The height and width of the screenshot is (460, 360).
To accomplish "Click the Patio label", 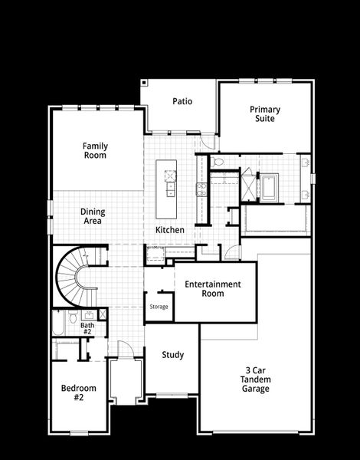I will tap(182, 101).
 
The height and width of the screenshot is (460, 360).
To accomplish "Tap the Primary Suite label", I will tap(264, 114).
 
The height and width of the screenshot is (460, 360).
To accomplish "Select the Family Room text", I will tap(96, 150).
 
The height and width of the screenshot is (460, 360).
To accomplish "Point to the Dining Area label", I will tap(93, 216).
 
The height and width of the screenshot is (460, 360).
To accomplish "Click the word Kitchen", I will tap(170, 230).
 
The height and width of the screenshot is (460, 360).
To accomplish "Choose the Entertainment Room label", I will tap(212, 289).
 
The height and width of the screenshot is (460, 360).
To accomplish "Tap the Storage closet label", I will tap(159, 307).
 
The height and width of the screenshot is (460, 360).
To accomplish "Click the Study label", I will tap(173, 355).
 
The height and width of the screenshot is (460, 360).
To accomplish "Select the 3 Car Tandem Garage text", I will tap(255, 379).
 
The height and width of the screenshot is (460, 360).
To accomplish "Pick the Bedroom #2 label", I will tap(78, 393).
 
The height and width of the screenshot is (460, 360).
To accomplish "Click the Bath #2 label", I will tap(87, 327).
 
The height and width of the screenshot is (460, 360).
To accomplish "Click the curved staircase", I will tap(74, 275).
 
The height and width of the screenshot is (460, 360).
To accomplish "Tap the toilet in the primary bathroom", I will tap(218, 162).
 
